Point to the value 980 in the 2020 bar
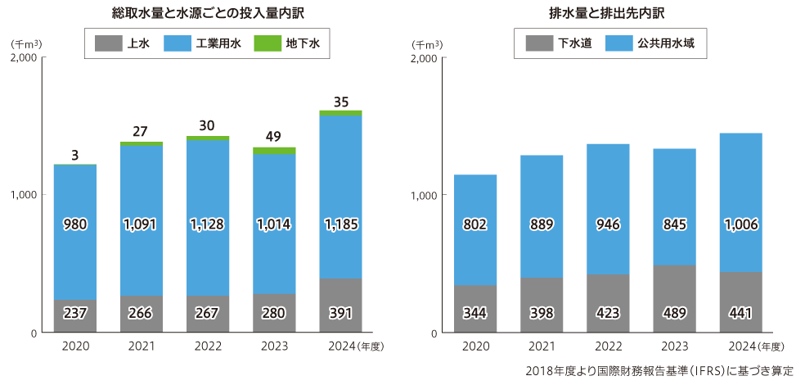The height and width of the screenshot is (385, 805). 74,224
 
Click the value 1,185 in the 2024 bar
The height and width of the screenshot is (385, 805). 340,224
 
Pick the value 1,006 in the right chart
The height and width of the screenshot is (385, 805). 740,224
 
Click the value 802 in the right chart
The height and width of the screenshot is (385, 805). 474,224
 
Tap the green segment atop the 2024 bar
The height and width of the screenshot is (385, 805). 340,113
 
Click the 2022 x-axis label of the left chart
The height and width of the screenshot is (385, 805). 208,346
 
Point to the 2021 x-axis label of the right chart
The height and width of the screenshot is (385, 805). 541,346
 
